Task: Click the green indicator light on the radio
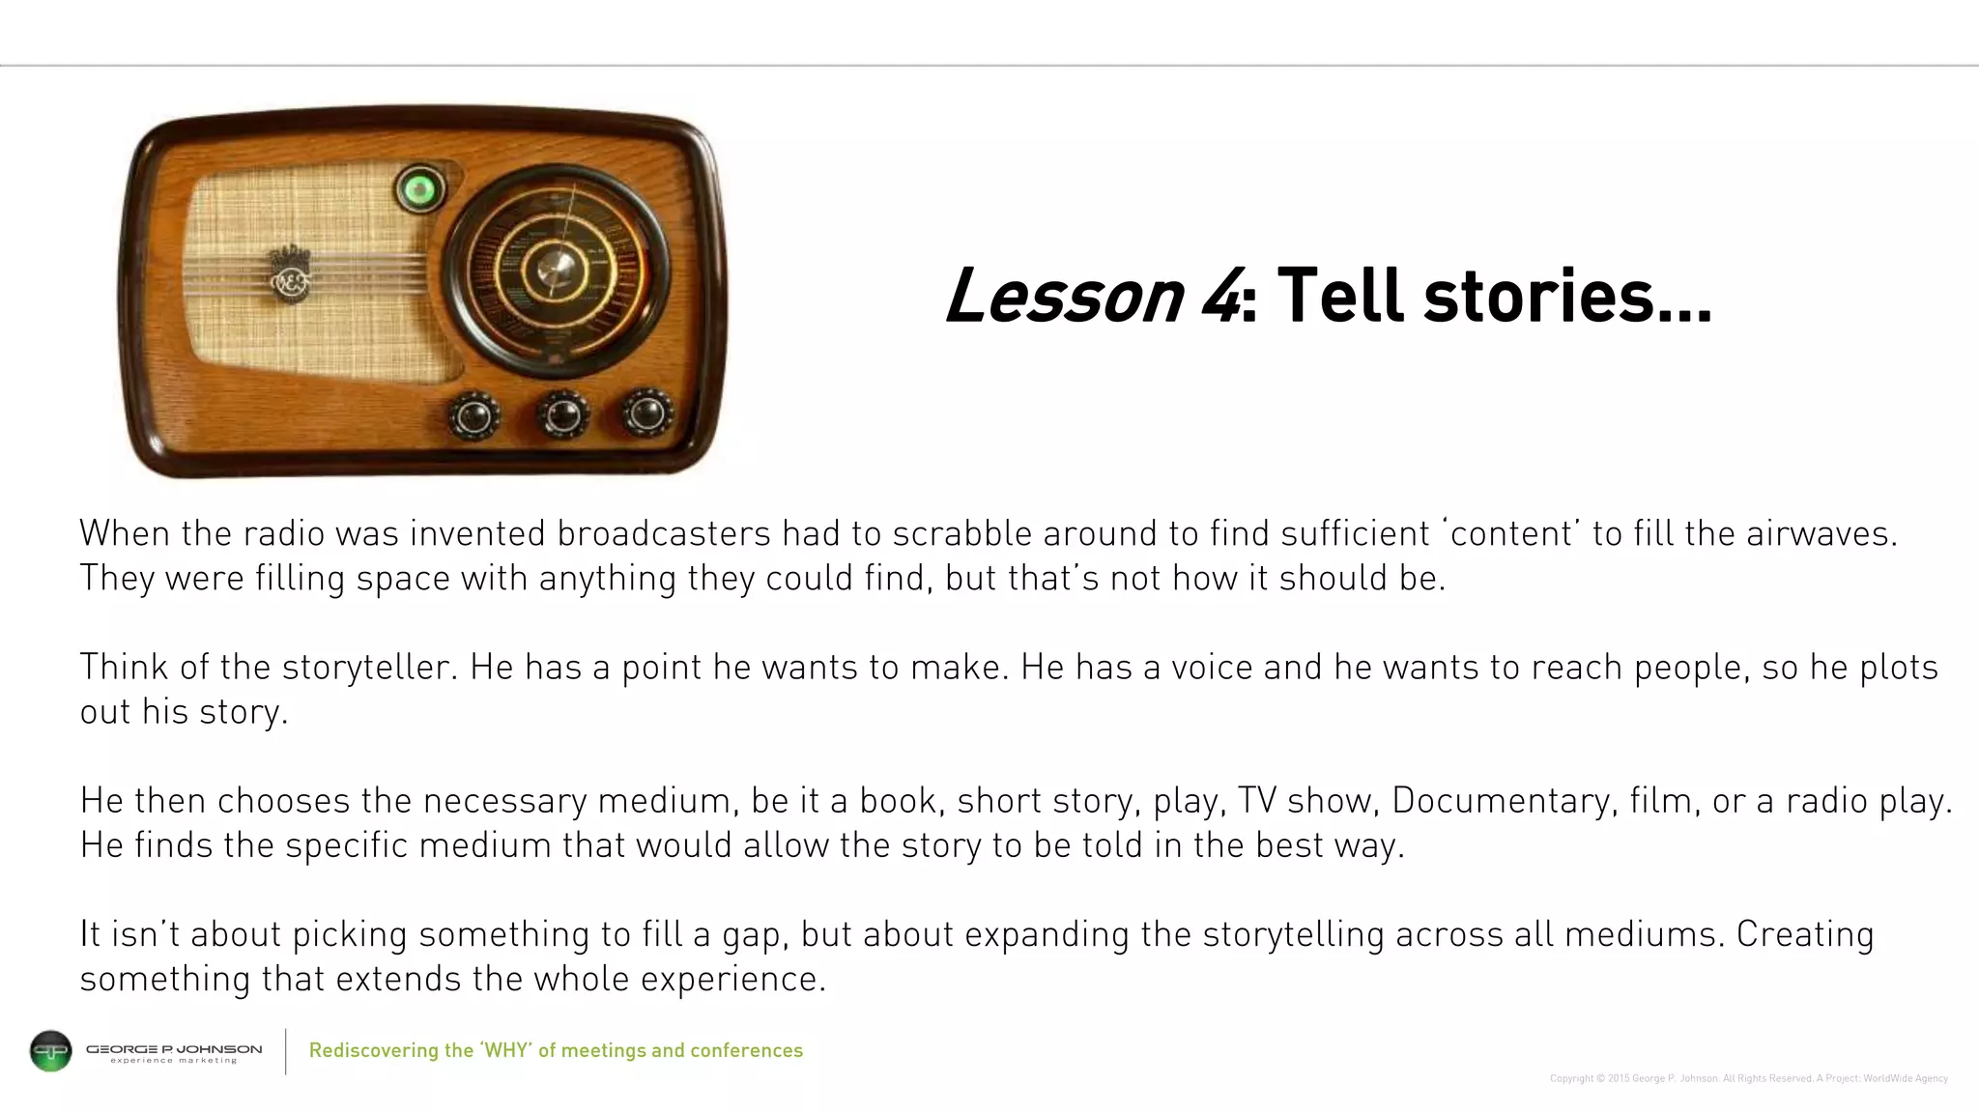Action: (x=419, y=189)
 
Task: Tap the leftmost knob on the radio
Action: (x=473, y=416)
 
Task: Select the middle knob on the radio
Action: (x=562, y=414)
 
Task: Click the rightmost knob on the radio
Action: (x=646, y=414)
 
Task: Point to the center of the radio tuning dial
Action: (x=555, y=268)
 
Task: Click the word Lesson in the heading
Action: (x=1064, y=296)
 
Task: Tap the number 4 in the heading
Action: (x=1219, y=296)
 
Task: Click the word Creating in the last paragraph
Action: (x=1805, y=934)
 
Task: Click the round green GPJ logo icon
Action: (x=51, y=1051)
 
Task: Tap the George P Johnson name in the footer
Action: (x=174, y=1049)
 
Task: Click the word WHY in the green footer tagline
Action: (x=507, y=1050)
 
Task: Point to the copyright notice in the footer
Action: (x=1748, y=1078)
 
